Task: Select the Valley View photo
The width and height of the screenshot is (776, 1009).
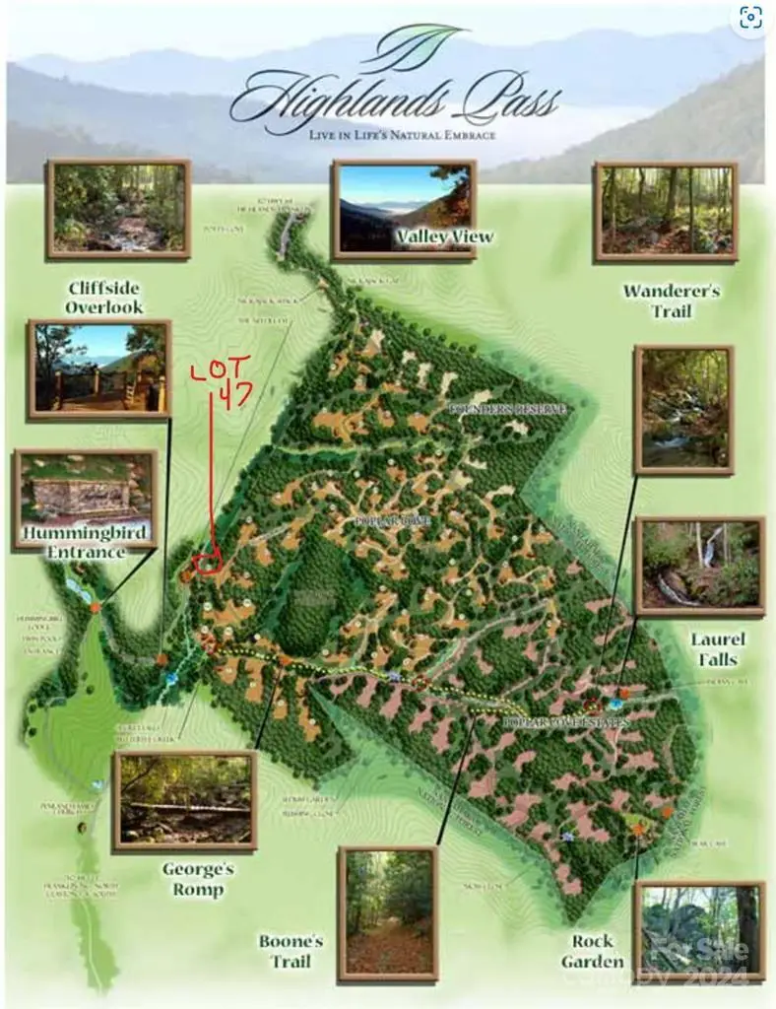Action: [x=404, y=209]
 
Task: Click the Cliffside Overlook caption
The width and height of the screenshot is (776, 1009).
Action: [x=104, y=298]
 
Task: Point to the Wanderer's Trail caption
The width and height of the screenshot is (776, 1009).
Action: [x=671, y=301]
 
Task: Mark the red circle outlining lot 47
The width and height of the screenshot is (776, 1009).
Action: [x=208, y=563]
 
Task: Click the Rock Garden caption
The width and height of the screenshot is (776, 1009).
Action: [x=593, y=951]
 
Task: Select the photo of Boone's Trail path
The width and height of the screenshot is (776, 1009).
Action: [x=387, y=913]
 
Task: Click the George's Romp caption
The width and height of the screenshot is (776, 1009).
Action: [x=198, y=880]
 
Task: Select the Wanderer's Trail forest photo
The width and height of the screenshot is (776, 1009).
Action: [x=666, y=212]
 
